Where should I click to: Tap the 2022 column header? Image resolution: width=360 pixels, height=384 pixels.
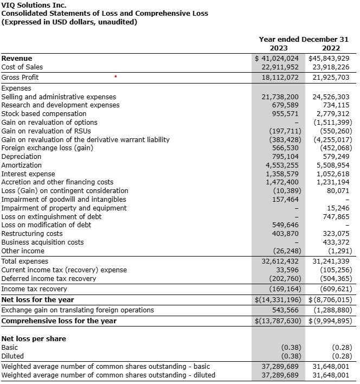331,48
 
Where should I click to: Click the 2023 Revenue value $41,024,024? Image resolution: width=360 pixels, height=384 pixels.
277,58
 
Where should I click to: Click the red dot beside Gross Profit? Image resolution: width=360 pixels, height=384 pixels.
115,77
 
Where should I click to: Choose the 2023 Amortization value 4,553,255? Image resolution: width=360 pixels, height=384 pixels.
282,165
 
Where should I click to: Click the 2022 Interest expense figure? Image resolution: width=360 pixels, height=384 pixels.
333,174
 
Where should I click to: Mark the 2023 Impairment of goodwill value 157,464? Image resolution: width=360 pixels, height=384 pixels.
285,200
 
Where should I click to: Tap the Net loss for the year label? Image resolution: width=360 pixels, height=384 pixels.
37,299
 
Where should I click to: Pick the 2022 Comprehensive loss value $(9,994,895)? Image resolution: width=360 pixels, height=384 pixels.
330,321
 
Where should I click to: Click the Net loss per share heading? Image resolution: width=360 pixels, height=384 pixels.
34,338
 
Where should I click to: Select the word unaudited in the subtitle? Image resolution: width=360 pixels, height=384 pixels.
117,22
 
